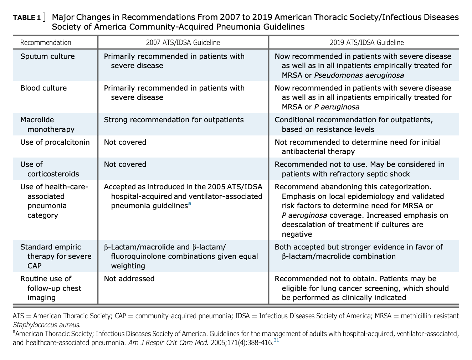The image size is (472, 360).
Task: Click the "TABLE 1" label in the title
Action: click(x=27, y=18)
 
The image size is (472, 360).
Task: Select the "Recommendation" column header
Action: click(x=46, y=42)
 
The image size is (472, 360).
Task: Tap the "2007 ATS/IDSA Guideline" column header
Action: click(x=183, y=42)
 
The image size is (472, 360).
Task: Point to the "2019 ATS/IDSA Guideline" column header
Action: click(x=366, y=42)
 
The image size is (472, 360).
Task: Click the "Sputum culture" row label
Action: click(x=47, y=56)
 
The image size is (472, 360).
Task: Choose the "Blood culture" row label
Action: click(x=43, y=88)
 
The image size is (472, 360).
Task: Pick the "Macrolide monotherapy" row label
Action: click(x=47, y=124)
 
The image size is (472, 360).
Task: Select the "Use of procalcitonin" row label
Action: click(x=55, y=142)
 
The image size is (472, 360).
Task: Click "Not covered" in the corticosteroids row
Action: click(x=125, y=164)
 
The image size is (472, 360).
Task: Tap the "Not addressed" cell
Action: click(x=129, y=279)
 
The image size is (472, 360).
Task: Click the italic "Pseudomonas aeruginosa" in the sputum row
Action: click(x=359, y=75)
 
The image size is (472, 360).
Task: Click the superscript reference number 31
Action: click(x=276, y=341)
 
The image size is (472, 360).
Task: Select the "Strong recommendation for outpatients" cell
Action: click(x=174, y=120)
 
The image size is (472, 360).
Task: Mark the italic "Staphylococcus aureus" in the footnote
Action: click(x=46, y=325)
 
